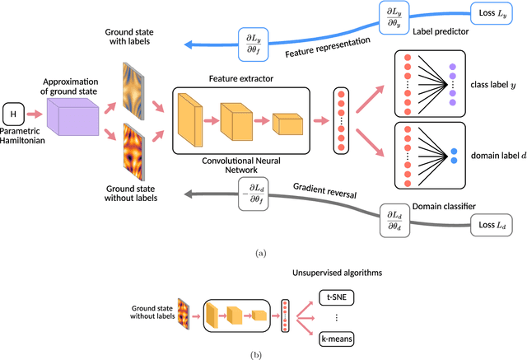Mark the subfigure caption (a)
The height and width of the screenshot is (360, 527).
[262, 253]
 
